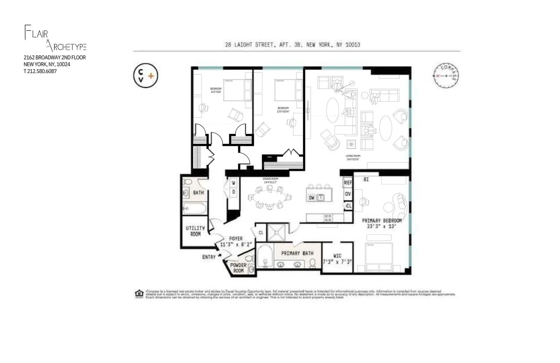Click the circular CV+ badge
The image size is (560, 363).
point(146,76)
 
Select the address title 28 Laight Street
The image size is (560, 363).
point(292,45)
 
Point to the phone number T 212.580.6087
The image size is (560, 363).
point(40,71)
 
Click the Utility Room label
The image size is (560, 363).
point(195,231)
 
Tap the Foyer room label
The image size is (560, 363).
point(236,241)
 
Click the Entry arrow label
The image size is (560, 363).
point(209,257)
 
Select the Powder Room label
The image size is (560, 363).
point(238,268)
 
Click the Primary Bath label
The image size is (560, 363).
point(297,253)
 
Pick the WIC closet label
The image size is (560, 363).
point(337,259)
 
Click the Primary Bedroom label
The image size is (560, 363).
point(382,223)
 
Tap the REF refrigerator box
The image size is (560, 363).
point(348,183)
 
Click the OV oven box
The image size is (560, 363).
point(348,194)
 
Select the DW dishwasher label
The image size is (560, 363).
point(312,197)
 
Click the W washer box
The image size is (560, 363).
point(234,183)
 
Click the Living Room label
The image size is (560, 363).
point(353,157)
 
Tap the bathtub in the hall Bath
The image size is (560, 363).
point(194,208)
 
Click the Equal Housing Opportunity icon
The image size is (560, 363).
point(139,294)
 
